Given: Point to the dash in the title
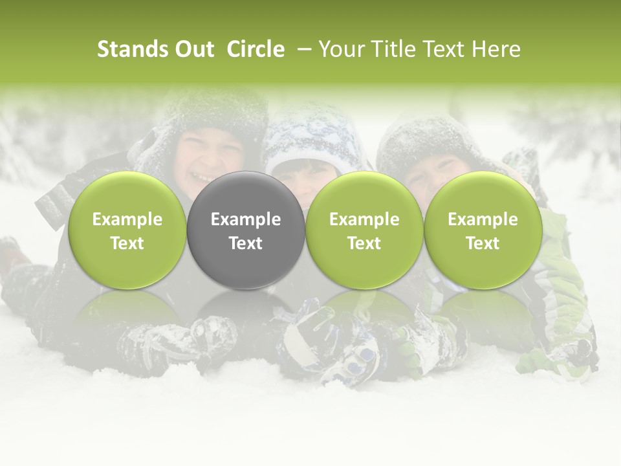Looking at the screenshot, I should [301, 50].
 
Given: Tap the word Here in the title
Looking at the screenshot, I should [496, 49].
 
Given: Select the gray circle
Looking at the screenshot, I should [246, 231].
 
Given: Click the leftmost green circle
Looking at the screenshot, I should [127, 231].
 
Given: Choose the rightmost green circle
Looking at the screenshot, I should [483, 231].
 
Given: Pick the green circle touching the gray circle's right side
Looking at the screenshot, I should [364, 231].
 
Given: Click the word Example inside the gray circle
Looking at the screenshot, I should [246, 220].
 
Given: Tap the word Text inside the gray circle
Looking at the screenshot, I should [246, 243].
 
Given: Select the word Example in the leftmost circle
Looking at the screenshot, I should [127, 220].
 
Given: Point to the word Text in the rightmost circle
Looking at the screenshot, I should [483, 243].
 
